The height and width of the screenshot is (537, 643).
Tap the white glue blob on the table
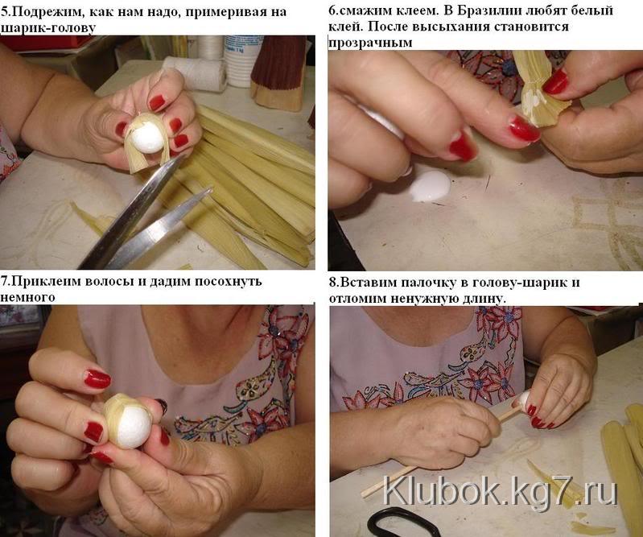pyautogui.click(x=431, y=187)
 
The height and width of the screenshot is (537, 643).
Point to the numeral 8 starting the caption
pyautogui.click(x=332, y=283)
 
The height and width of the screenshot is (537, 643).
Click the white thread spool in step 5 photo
pyautogui.click(x=196, y=74)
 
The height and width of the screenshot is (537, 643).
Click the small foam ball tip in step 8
pyautogui.click(x=523, y=399)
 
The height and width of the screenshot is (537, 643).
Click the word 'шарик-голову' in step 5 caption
pyautogui.click(x=48, y=28)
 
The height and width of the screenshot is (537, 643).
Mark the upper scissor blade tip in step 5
pyautogui.click(x=183, y=156)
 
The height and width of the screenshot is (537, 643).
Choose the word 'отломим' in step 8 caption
pyautogui.click(x=357, y=298)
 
